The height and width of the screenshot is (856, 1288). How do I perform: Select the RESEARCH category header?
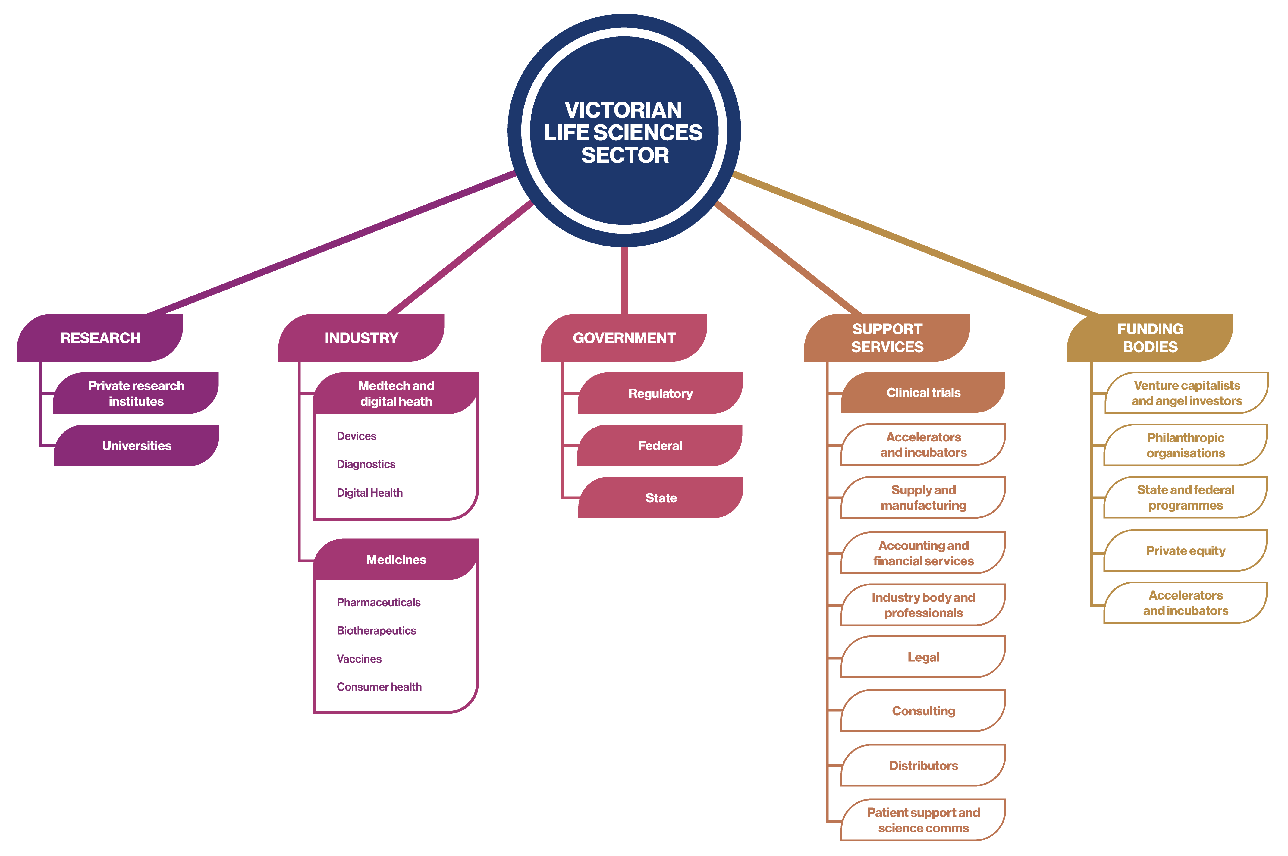pyautogui.click(x=100, y=338)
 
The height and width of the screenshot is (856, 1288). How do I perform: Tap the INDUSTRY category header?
pyautogui.click(x=361, y=338)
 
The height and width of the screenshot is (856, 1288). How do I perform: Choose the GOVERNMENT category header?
pyautogui.click(x=624, y=338)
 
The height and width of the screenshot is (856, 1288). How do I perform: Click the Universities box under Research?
pyautogui.click(x=137, y=445)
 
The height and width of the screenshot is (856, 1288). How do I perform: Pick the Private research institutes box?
pyautogui.click(x=137, y=393)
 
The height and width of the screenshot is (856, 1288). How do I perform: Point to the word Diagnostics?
pyautogui.click(x=366, y=464)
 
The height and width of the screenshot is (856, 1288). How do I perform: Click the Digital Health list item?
pyautogui.click(x=370, y=492)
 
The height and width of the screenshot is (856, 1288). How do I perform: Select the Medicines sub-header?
pyautogui.click(x=396, y=560)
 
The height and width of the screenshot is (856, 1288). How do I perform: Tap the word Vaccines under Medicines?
pyautogui.click(x=359, y=659)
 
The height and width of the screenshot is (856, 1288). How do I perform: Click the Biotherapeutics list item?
pyautogui.click(x=376, y=631)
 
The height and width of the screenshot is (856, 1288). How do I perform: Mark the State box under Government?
pyautogui.click(x=661, y=498)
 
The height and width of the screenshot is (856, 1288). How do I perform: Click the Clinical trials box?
pyautogui.click(x=923, y=393)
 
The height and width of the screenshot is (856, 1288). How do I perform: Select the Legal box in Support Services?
pyautogui.click(x=923, y=657)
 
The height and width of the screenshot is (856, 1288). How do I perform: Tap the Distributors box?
pyautogui.click(x=923, y=765)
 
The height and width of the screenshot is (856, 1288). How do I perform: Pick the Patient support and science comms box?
pyautogui.click(x=923, y=820)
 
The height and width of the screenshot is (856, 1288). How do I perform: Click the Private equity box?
pyautogui.click(x=1185, y=551)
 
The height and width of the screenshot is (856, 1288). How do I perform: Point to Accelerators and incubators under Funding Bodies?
pyautogui.click(x=1185, y=603)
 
